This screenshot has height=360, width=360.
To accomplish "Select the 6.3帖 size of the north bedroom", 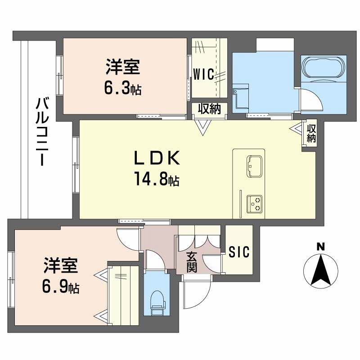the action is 122,89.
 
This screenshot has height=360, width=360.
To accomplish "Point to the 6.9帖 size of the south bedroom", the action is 60,287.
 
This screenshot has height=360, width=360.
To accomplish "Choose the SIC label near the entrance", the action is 239,252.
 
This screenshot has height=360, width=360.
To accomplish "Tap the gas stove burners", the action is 255,204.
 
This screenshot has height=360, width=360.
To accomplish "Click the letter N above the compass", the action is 320,246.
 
